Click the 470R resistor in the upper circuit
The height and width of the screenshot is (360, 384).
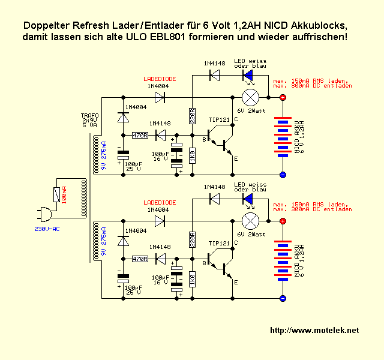coord(139,135)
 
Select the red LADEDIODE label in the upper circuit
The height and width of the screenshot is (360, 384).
coord(160,79)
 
